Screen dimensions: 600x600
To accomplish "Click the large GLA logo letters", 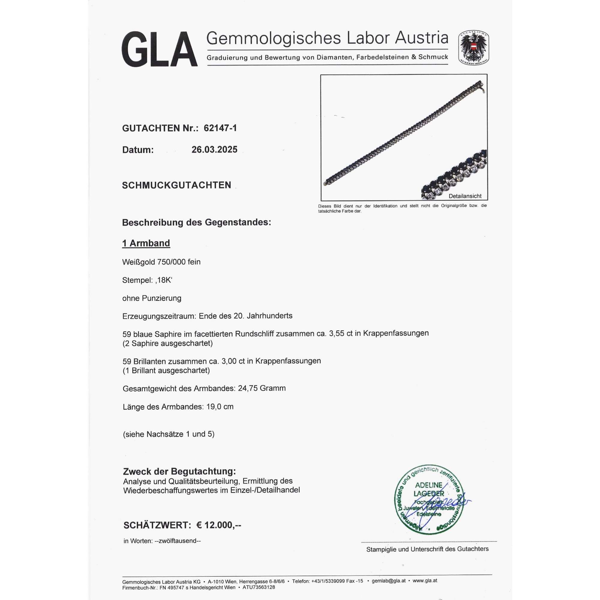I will pyautogui.click(x=159, y=49).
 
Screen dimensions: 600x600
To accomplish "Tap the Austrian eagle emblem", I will pyautogui.click(x=474, y=48).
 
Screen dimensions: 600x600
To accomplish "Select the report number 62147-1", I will pyautogui.click(x=220, y=128).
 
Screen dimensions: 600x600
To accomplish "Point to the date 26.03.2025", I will pyautogui.click(x=214, y=149).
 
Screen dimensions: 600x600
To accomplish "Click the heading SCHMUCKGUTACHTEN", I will pyautogui.click(x=176, y=185).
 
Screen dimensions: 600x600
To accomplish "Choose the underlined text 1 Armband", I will pyautogui.click(x=146, y=243).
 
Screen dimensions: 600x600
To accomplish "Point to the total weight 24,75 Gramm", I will pyautogui.click(x=262, y=388).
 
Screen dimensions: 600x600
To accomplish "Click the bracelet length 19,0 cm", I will pyautogui.click(x=220, y=406).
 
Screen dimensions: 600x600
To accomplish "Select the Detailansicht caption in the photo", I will pyautogui.click(x=465, y=196).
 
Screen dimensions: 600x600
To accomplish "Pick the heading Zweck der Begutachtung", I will pyautogui.click(x=179, y=471).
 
